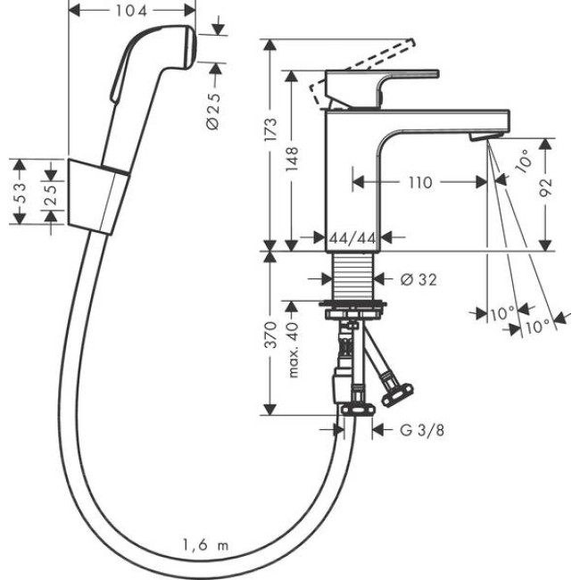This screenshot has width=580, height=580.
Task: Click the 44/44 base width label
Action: coord(352,238)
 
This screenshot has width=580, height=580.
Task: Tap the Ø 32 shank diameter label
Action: coord(414,279)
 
